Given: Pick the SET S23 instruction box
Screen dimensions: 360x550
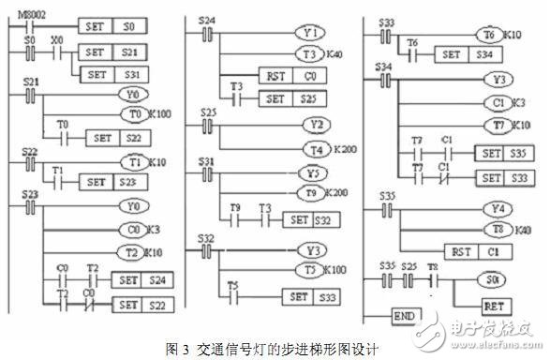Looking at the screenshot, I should pos(111,181).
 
